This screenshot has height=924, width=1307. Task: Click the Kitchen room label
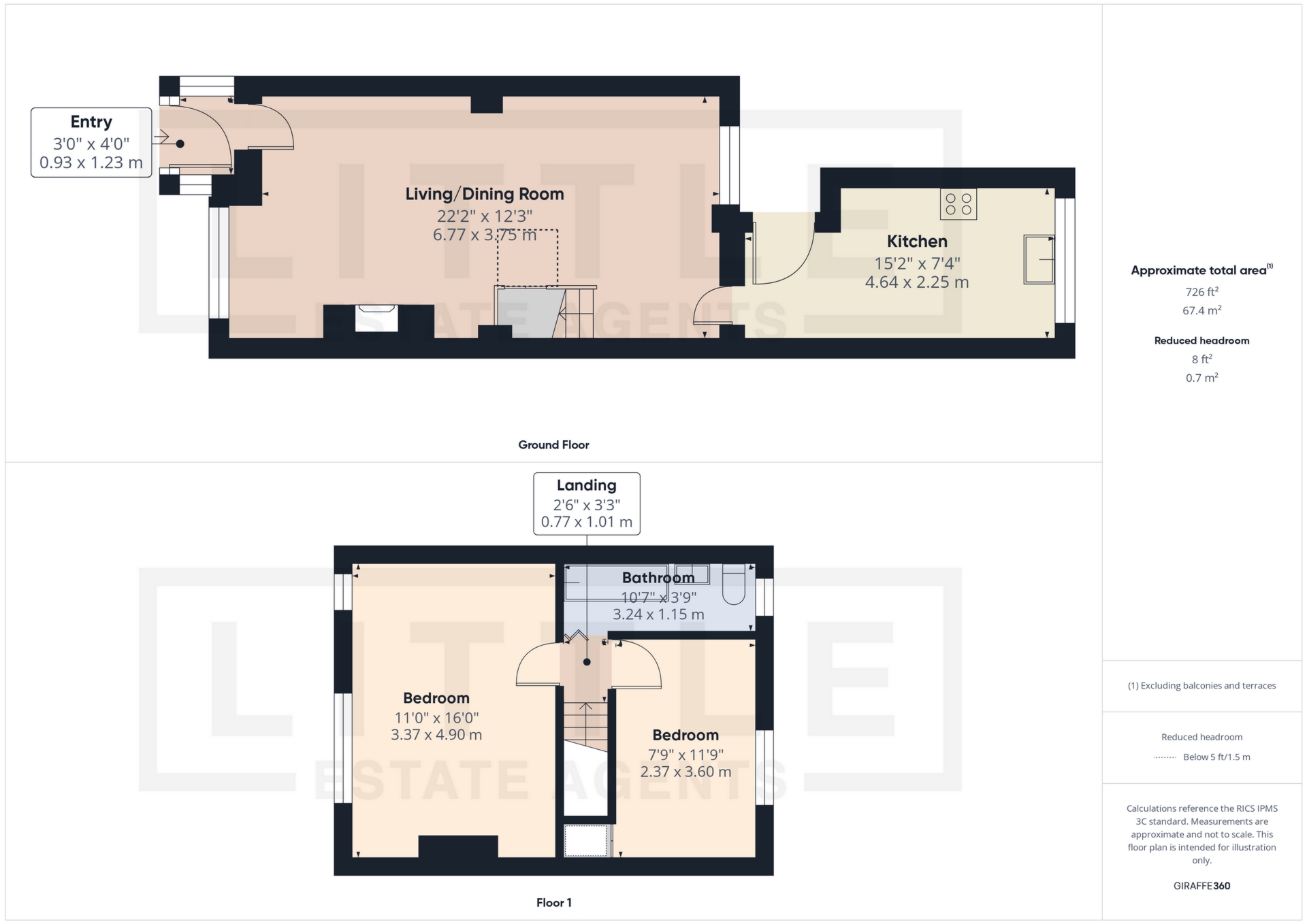[x=916, y=242]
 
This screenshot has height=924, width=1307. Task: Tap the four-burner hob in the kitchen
[x=958, y=204]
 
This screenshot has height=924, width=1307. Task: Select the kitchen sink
[x=1039, y=259]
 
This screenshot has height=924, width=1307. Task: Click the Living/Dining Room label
[x=485, y=195]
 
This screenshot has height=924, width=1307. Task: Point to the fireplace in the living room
[x=376, y=318]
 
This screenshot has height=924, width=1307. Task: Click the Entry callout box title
[x=91, y=122]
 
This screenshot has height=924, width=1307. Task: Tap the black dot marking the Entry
[x=180, y=144]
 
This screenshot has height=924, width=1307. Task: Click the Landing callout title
[x=586, y=486]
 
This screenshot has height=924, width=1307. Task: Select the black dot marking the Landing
[x=587, y=662]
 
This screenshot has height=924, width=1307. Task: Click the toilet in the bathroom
[x=733, y=584]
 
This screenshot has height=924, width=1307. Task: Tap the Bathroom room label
[x=658, y=578]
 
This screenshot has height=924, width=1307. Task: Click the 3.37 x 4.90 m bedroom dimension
[x=436, y=735]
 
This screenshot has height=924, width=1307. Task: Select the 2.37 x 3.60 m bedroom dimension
[x=685, y=772]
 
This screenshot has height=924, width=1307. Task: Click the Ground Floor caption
[x=553, y=445]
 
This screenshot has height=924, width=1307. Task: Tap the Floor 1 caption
[x=553, y=903]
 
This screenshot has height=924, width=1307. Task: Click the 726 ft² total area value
[x=1201, y=292]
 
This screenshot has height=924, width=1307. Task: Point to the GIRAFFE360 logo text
[x=1201, y=886]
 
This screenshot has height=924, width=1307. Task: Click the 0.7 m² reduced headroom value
[x=1201, y=378]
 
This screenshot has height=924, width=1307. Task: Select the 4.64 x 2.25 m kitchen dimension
[x=916, y=282]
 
